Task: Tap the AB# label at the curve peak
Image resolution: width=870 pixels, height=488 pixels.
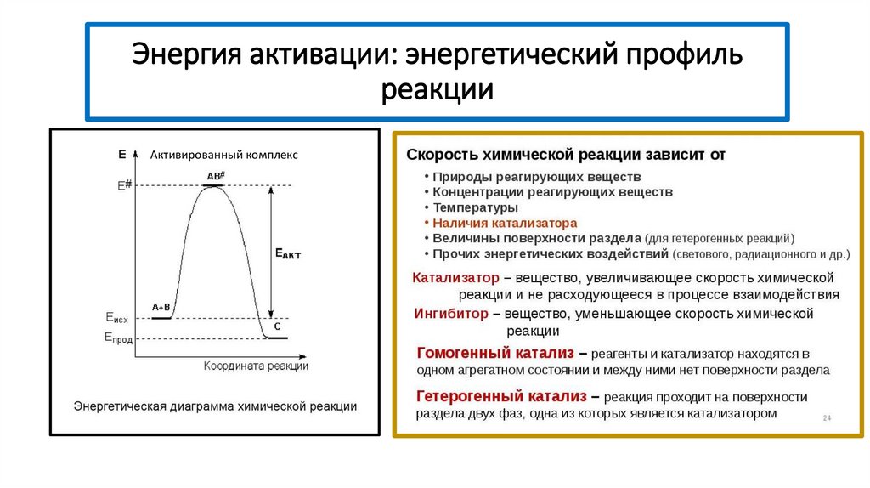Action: (215, 176)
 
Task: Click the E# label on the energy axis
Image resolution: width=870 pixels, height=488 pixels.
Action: (124, 185)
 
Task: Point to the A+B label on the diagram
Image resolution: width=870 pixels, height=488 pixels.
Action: (161, 307)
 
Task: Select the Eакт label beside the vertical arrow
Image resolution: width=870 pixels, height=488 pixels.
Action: (287, 253)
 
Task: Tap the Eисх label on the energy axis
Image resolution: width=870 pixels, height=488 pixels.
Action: (117, 317)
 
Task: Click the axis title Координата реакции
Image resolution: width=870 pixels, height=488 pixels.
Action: (256, 366)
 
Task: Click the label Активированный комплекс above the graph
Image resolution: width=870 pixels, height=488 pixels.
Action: (224, 155)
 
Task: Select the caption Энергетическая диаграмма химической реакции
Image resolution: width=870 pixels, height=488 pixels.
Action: (215, 406)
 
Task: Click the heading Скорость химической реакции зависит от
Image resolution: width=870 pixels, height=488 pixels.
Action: (566, 155)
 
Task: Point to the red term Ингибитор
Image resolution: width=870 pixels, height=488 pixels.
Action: (451, 314)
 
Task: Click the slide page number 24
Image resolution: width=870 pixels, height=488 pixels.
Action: (827, 418)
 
